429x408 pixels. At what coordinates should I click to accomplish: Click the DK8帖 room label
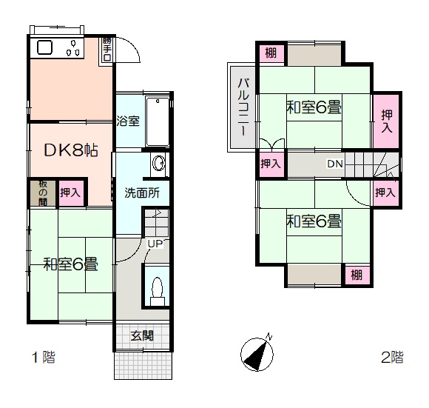point(71,150)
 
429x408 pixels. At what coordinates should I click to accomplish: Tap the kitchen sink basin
point(44,47)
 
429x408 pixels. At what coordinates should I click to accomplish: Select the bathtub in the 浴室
point(158,122)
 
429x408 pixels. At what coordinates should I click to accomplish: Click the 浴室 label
point(128,121)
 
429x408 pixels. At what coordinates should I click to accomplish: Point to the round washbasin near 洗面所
point(158,164)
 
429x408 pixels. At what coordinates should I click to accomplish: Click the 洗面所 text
point(142,193)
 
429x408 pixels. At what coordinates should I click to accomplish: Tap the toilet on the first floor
point(158,291)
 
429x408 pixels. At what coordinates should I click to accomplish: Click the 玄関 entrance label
point(142,335)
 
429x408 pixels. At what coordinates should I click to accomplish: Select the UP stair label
point(155,244)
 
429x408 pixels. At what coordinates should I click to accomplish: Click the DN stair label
point(335,164)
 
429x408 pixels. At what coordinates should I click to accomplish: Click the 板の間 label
point(43,193)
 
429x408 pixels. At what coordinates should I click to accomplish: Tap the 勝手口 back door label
point(107,49)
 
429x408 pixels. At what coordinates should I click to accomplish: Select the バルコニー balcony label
point(243,107)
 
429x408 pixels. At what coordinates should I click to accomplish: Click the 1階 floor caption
point(44,358)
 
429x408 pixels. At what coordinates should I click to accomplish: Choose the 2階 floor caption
point(392,357)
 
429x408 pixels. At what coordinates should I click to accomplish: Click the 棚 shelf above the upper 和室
point(271,53)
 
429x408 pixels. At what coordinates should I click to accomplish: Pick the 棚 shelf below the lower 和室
point(357,275)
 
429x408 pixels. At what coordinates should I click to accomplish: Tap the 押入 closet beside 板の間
point(70,193)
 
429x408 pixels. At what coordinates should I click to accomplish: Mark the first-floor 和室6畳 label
point(70,264)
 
